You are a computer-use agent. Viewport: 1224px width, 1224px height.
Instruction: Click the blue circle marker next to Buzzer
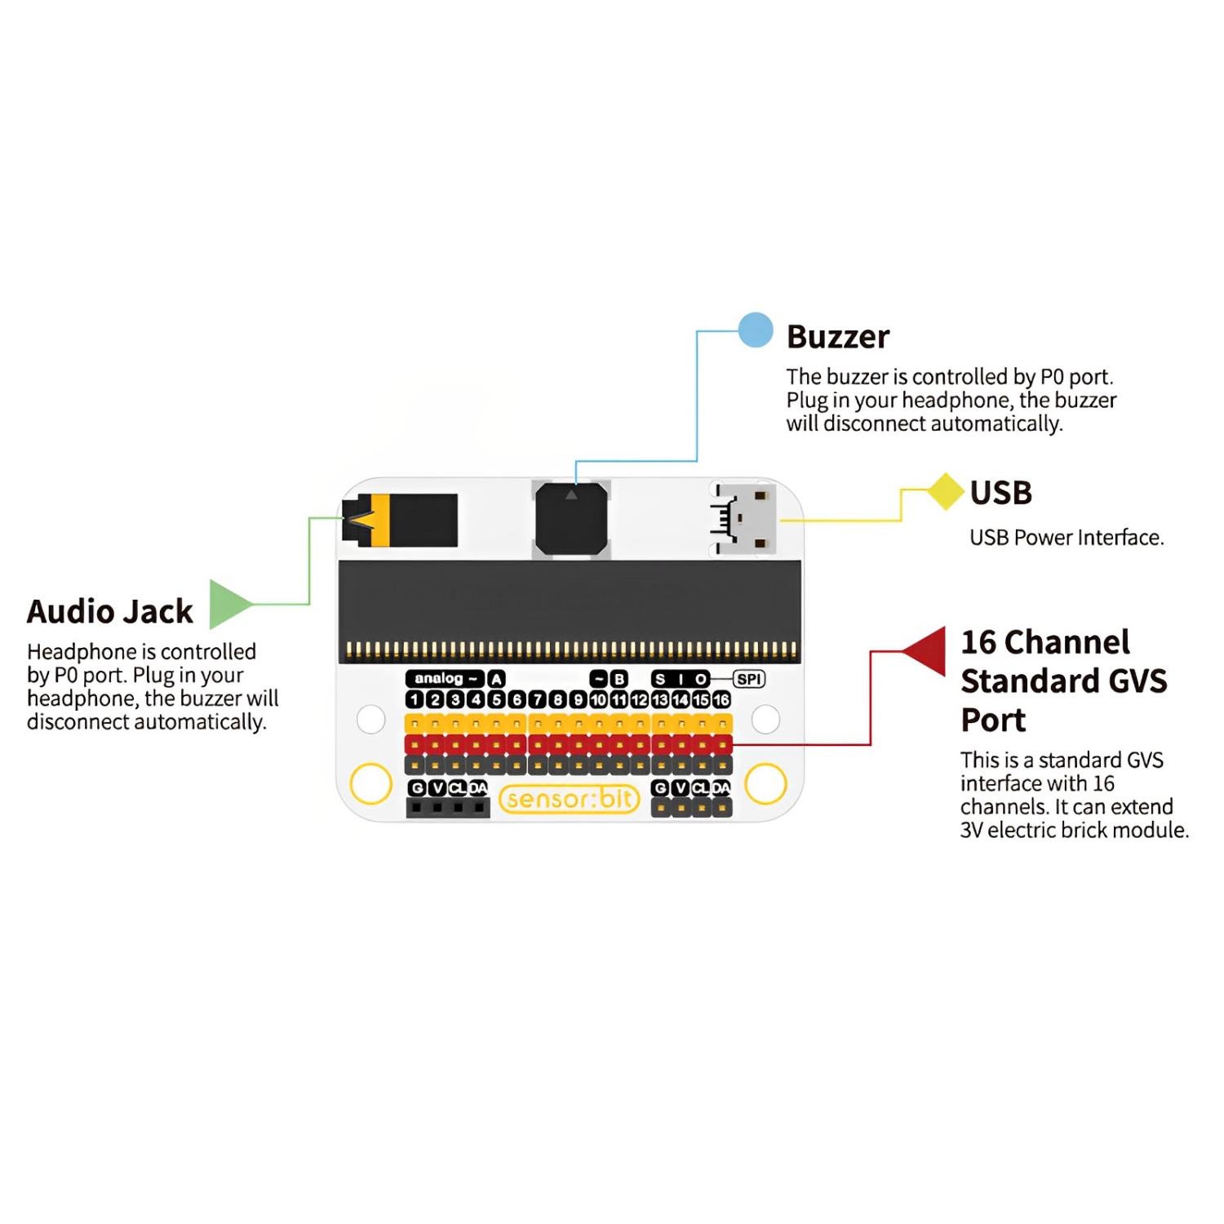(756, 330)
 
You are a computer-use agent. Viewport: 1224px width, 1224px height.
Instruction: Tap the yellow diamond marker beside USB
(946, 491)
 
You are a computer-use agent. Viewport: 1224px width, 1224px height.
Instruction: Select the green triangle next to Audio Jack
(228, 604)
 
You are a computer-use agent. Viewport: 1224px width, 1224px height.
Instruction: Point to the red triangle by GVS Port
(929, 650)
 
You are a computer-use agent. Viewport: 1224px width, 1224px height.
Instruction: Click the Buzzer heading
(837, 337)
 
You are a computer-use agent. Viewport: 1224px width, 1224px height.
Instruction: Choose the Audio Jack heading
(110, 611)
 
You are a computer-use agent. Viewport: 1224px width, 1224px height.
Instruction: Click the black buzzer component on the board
(571, 519)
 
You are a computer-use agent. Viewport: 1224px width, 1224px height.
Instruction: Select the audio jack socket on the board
(400, 520)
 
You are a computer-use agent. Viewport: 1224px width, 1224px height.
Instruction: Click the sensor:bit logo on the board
(570, 799)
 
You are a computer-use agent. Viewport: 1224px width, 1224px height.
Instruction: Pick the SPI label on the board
(748, 679)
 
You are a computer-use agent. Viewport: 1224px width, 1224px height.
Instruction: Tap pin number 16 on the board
(721, 700)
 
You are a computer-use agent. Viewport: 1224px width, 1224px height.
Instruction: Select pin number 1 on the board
(415, 700)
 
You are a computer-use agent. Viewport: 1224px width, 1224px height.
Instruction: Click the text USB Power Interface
(1066, 538)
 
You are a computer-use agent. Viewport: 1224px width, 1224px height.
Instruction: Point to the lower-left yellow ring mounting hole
(371, 783)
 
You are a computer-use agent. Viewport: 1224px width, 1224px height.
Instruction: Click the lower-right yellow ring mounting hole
(765, 783)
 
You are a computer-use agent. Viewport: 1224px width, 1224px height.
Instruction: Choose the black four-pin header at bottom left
(447, 808)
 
